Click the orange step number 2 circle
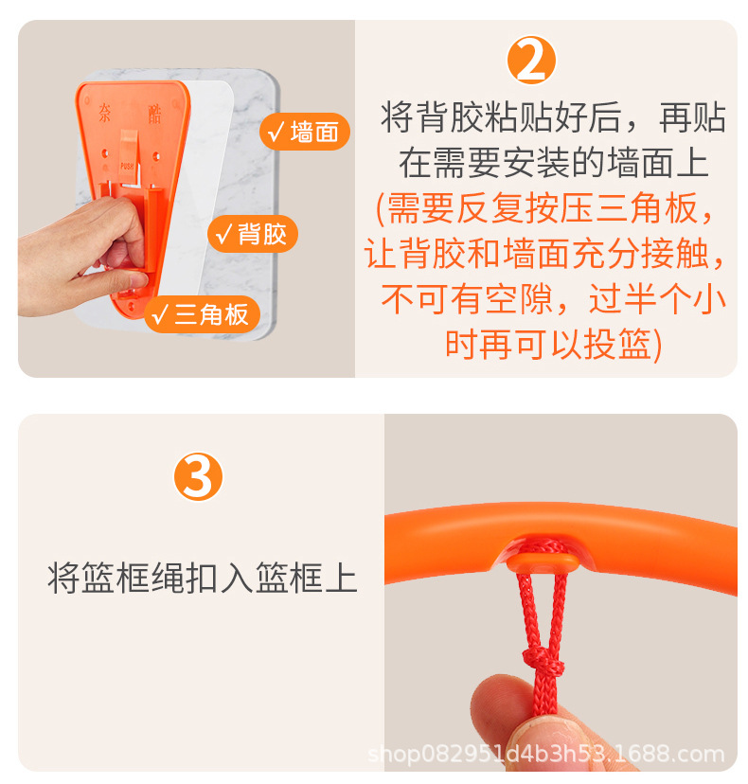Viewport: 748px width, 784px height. tap(532, 62)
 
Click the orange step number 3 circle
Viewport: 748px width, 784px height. tap(198, 477)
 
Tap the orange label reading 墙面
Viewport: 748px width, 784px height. tap(304, 133)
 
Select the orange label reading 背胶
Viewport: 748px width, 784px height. tap(252, 234)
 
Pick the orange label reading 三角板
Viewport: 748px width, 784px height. tap(202, 314)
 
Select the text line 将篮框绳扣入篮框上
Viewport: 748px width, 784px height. tap(203, 577)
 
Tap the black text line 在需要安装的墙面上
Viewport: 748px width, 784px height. tap(554, 163)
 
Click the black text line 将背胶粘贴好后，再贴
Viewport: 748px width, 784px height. tap(554, 118)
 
